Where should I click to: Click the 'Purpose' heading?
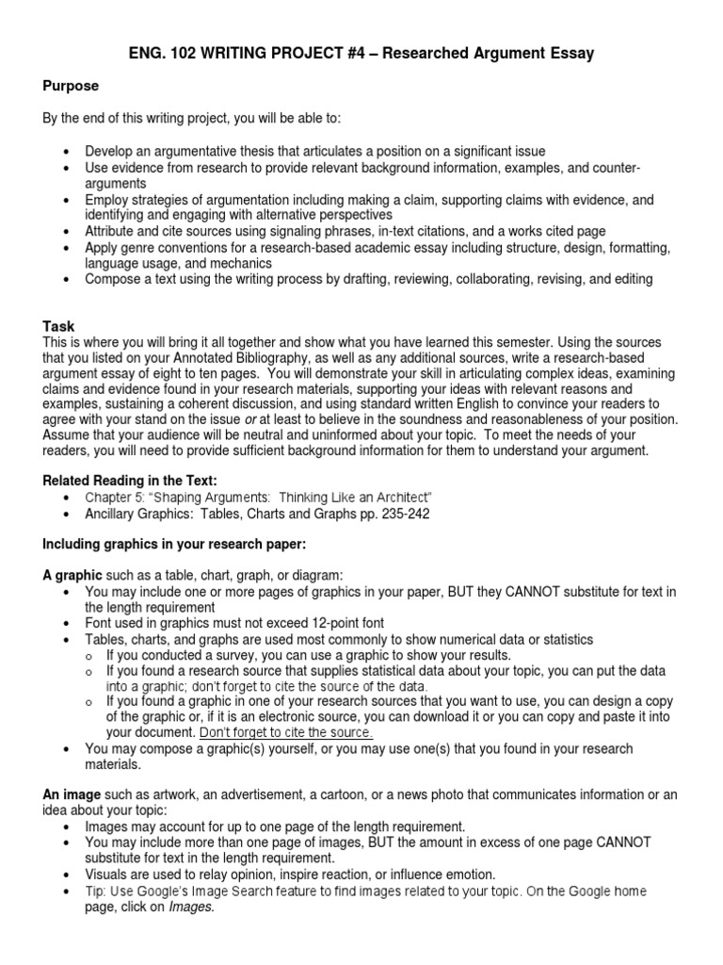point(71,86)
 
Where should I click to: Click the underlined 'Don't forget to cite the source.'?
point(286,731)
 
